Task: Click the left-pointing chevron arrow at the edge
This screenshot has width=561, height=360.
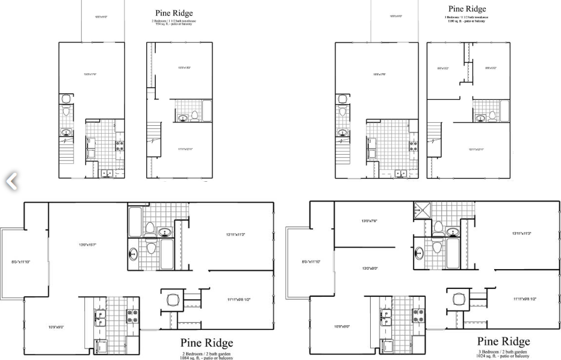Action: coord(11,180)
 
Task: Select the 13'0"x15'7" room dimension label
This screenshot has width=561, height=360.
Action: coord(88,245)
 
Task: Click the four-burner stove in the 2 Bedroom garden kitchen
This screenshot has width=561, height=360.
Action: coord(132,312)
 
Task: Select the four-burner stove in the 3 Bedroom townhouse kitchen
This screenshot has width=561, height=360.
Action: coord(414,145)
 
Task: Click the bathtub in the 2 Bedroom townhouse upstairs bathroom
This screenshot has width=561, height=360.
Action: coord(207,111)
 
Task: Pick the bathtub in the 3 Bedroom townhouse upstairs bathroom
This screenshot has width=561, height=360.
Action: coord(504,111)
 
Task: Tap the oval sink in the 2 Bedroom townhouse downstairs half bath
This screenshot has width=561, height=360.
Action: coord(66,132)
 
